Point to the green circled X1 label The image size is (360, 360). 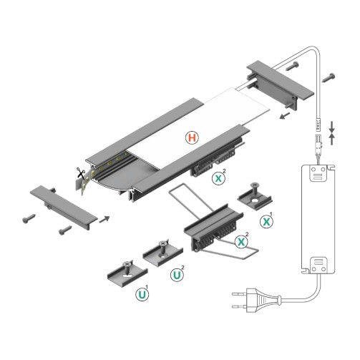coord(266,222)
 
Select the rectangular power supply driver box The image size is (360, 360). coord(316,219)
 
